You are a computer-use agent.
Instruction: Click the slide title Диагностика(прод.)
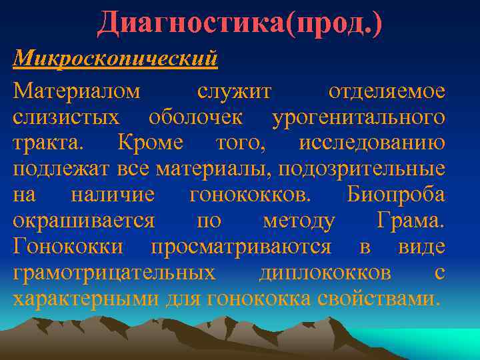click(x=240, y=24)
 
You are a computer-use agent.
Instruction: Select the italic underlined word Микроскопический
click(x=116, y=58)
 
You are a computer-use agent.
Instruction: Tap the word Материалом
click(x=77, y=91)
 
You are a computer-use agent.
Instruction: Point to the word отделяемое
click(x=387, y=91)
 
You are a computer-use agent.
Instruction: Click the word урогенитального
click(x=359, y=117)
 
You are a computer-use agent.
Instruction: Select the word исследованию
click(x=372, y=143)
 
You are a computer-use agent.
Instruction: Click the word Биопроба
click(x=396, y=195)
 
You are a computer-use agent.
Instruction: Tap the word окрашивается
click(x=84, y=221)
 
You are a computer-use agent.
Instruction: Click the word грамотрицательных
click(x=114, y=273)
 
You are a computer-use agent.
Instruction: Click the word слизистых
click(x=67, y=117)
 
